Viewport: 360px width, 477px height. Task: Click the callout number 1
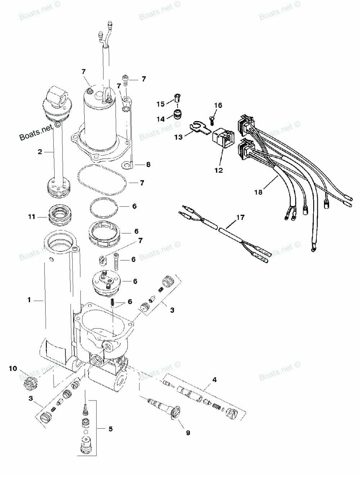point(30,300)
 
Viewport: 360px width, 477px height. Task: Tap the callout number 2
point(40,152)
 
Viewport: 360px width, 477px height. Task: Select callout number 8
point(148,165)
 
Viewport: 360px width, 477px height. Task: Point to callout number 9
point(188,433)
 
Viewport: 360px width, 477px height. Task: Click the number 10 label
point(13,368)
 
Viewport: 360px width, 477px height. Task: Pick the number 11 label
point(32,217)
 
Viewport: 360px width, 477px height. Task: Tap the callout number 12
point(219,170)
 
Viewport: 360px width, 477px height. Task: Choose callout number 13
point(179,137)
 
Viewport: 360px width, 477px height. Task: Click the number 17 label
point(240,217)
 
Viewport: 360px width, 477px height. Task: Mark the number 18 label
point(258,192)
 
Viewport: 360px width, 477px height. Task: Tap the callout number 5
point(111,429)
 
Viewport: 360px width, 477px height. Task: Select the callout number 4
point(215,379)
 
